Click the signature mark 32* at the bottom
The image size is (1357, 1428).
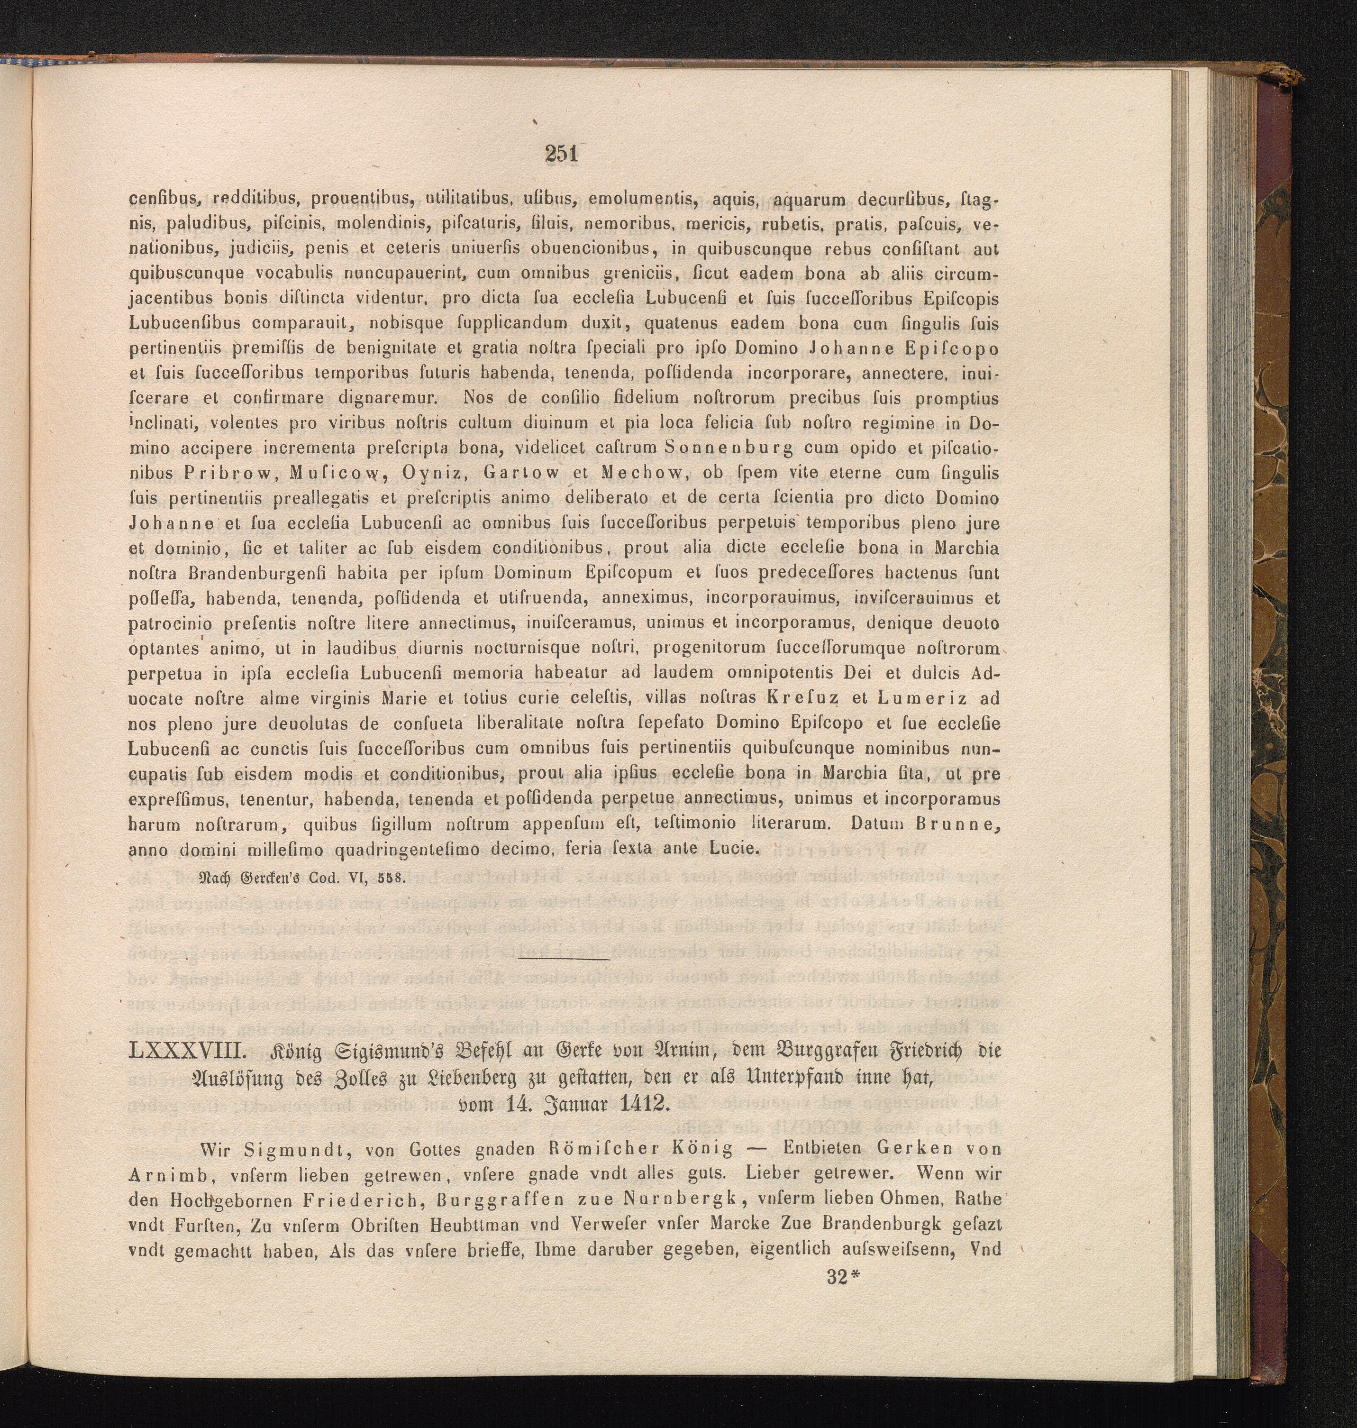(841, 1276)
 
